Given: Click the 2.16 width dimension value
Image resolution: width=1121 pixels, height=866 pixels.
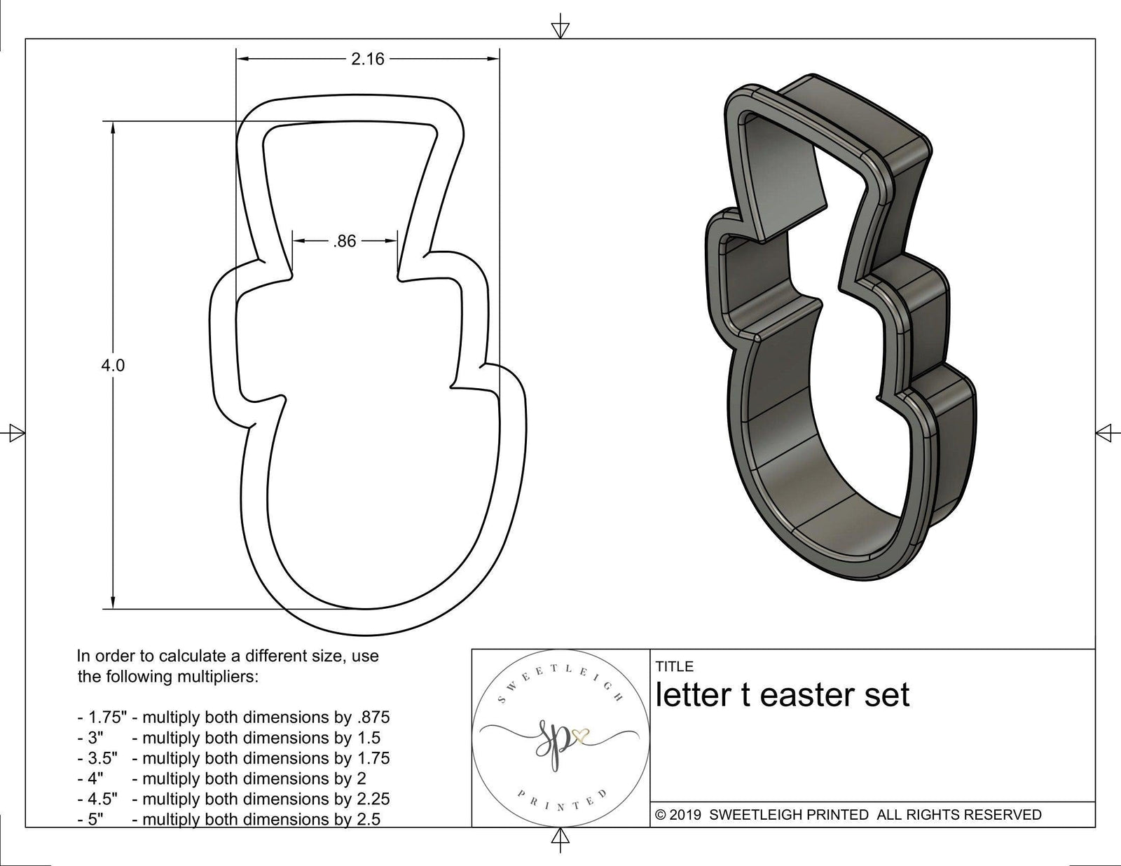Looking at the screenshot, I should [x=368, y=60].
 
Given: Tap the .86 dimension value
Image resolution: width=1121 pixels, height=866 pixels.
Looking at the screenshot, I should [x=344, y=242].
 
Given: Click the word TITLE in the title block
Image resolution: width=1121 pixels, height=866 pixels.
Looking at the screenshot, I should [x=674, y=666].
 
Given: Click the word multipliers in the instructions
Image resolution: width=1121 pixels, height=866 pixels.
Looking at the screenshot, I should [x=218, y=677].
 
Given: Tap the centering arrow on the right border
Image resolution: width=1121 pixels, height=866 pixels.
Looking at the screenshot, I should [x=1105, y=432].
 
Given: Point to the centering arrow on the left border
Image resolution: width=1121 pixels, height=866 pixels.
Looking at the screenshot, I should [x=15, y=432].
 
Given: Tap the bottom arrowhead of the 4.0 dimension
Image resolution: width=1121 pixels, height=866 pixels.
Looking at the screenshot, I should [x=113, y=603].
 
